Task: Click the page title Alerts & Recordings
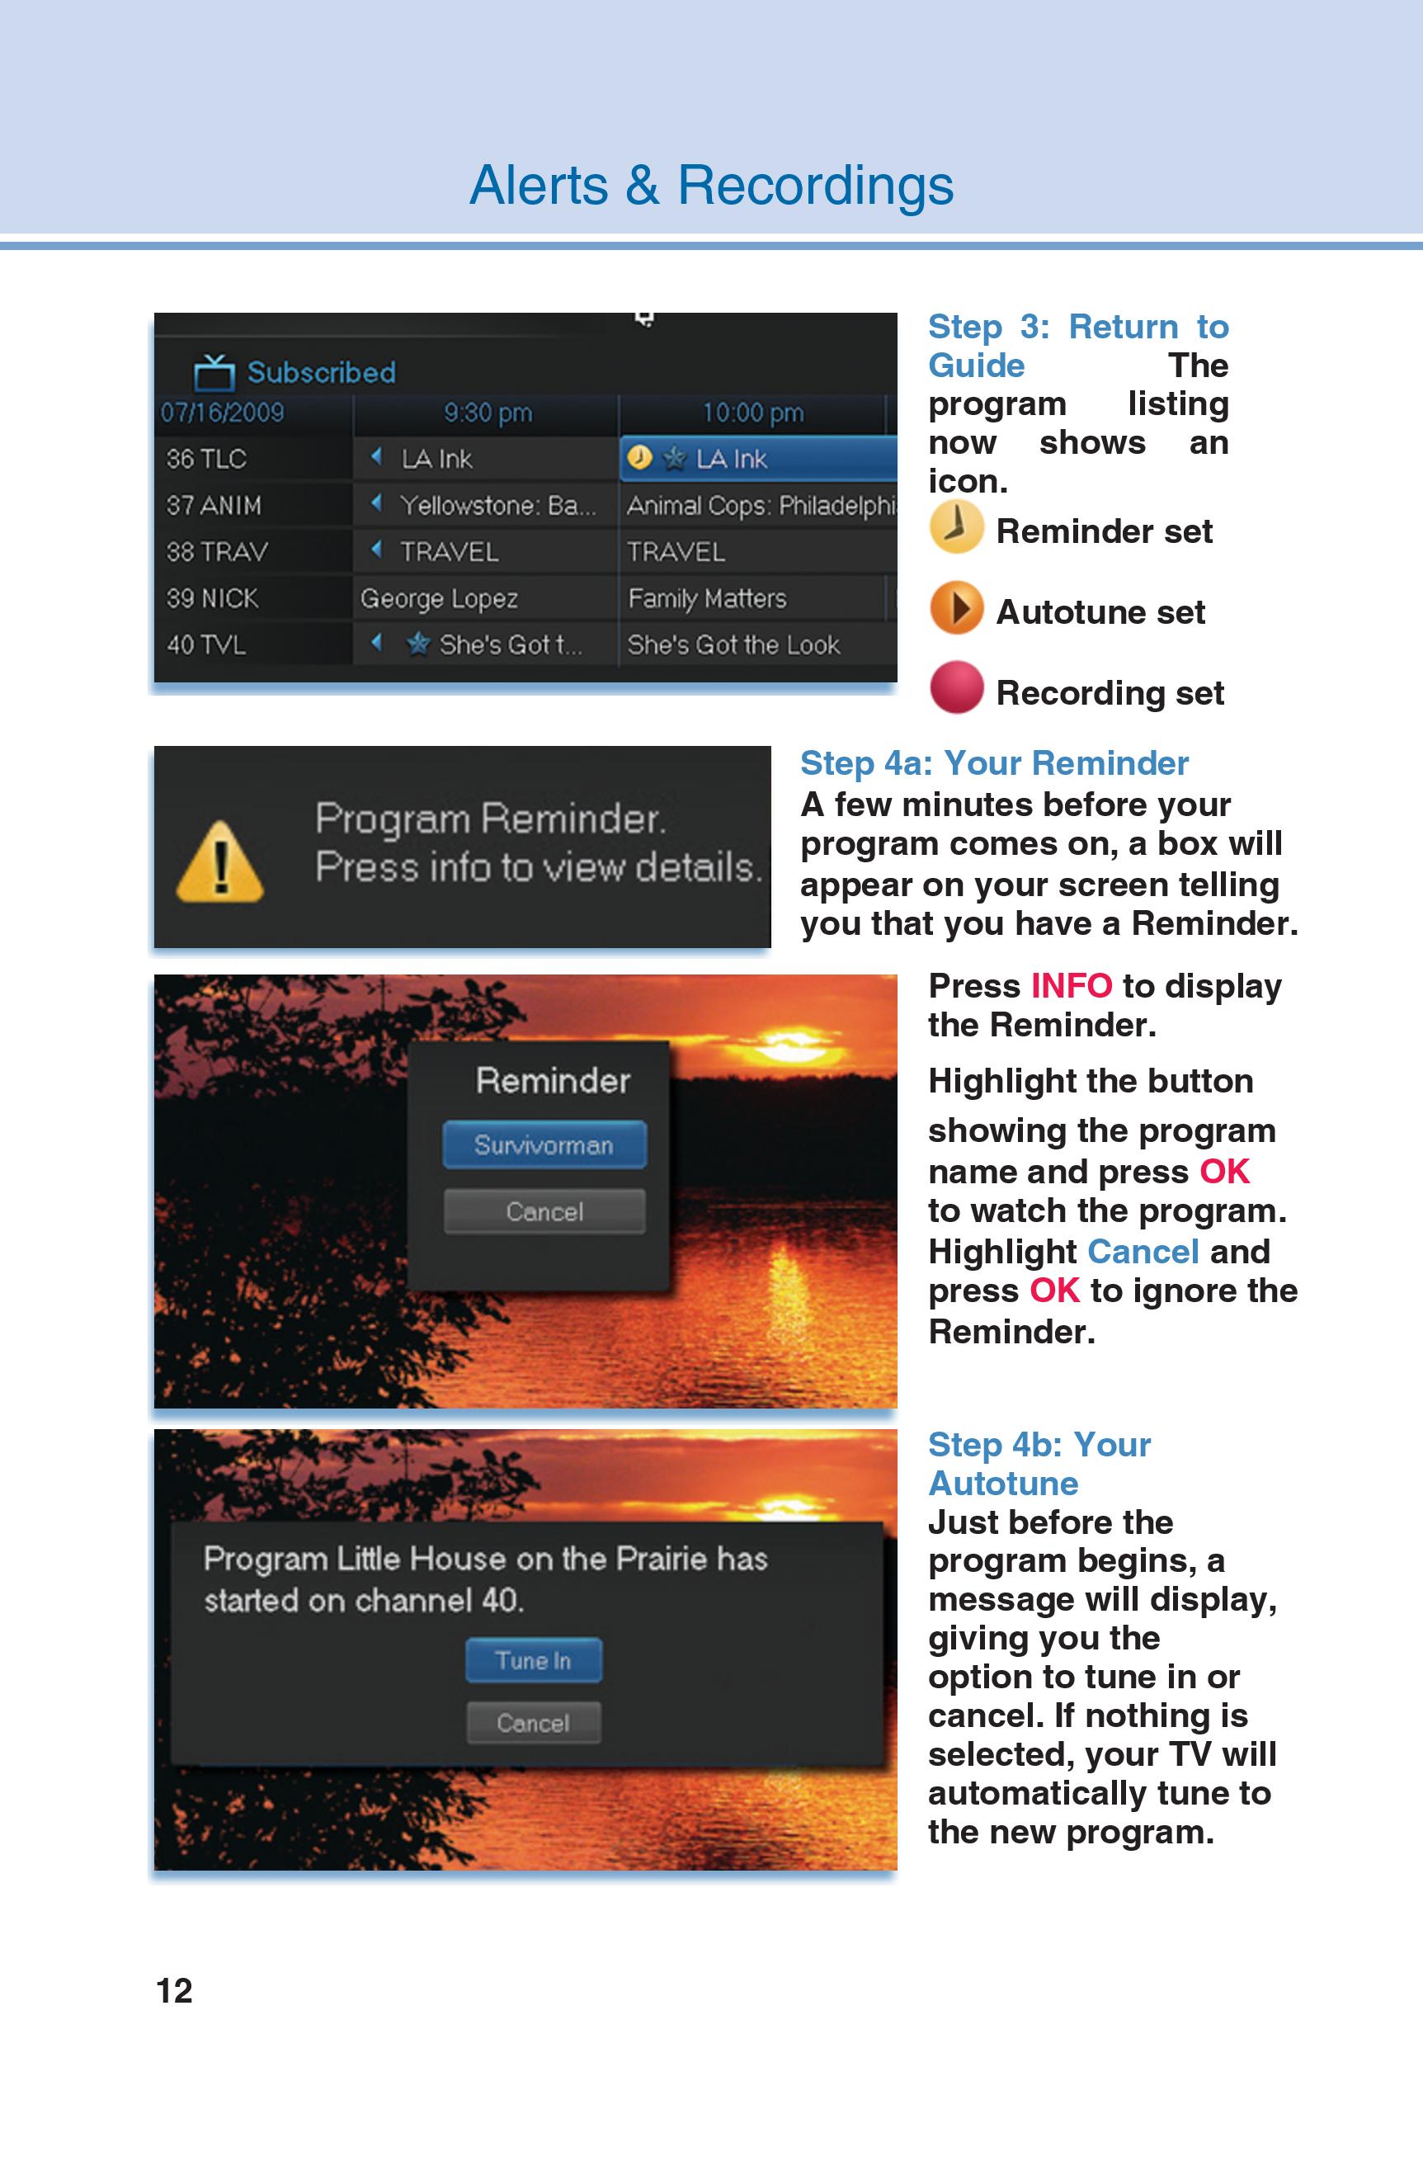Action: [x=710, y=186]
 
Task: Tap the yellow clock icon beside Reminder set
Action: [x=955, y=527]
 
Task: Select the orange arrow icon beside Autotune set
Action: [x=956, y=608]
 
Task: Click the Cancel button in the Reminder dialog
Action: [x=544, y=1211]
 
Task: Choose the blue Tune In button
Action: [x=533, y=1661]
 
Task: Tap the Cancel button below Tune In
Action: [x=533, y=1723]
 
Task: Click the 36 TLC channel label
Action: [x=206, y=459]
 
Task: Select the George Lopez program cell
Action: [x=440, y=598]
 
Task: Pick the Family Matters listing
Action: [x=707, y=598]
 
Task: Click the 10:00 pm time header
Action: [x=752, y=413]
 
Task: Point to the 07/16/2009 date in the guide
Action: [x=222, y=413]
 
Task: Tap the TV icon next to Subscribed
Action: [x=214, y=371]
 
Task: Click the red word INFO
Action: [x=1071, y=985]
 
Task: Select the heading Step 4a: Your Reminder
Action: [x=993, y=762]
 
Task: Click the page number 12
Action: [x=174, y=1990]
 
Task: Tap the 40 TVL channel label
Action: [x=205, y=644]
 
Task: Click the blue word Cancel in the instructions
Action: [x=1143, y=1252]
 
